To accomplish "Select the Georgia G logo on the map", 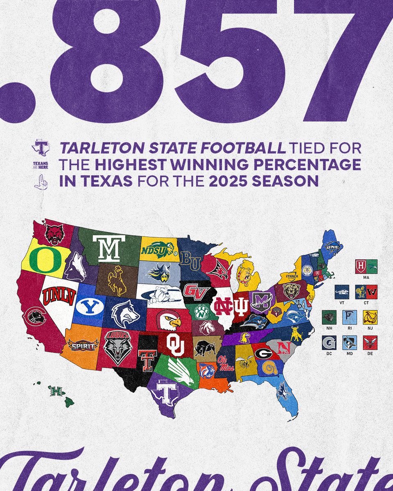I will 263,353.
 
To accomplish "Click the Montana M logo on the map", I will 108,248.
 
